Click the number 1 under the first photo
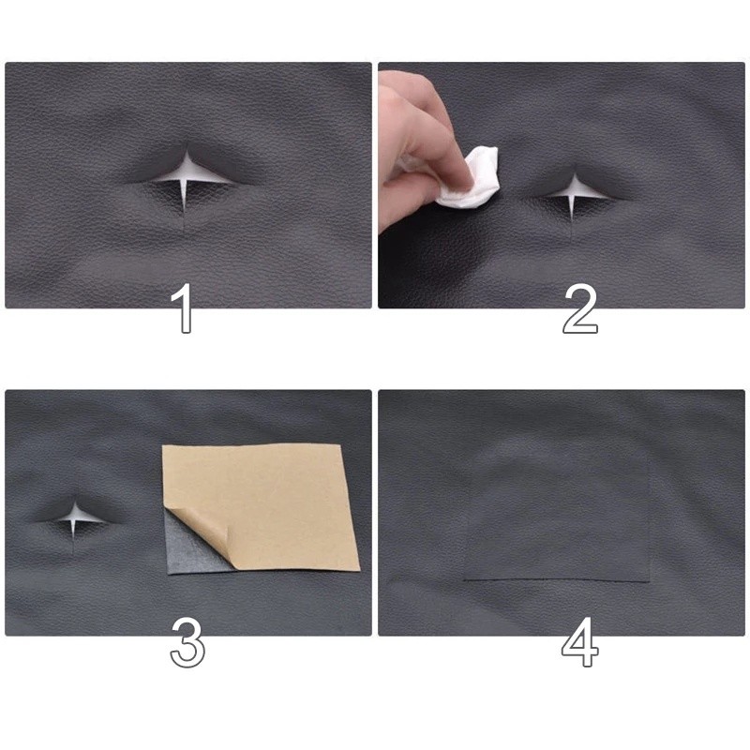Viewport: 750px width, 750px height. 185,309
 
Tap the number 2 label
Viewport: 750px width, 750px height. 579,309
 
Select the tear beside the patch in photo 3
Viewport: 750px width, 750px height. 73,517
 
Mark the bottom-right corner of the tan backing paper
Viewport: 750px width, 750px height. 358,567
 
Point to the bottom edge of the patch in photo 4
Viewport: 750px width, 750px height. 558,581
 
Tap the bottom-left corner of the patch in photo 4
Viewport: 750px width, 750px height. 466,577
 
